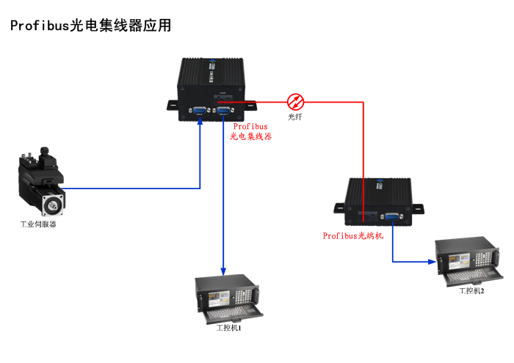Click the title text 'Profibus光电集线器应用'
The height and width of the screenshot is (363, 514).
91,26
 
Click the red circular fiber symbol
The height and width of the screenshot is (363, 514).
295,101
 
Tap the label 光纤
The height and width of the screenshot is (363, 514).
295,117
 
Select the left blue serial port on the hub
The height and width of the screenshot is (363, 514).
198,111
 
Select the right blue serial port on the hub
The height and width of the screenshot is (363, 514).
224,111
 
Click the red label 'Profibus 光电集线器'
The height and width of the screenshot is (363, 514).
250,131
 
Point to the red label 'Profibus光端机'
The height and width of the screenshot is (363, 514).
353,235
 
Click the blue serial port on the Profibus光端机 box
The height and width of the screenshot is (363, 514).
391,216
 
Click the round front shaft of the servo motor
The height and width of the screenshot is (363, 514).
54,202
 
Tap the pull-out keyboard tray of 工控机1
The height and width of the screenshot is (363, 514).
234,314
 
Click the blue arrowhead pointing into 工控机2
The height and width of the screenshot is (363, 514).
432,260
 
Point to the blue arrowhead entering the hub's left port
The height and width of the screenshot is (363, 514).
200,121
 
